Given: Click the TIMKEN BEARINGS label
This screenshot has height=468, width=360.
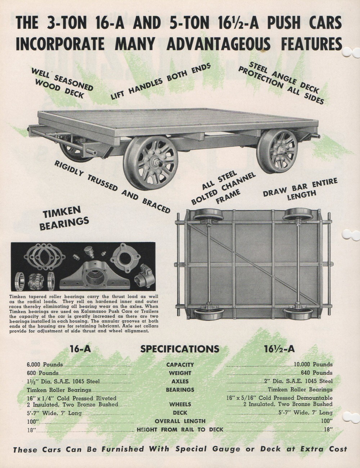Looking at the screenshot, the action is coord(64,218).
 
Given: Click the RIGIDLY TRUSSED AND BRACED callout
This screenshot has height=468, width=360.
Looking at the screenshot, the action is coord(112,186).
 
